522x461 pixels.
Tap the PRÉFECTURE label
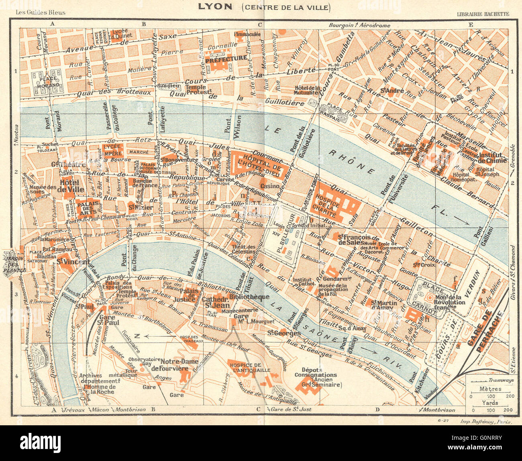(x=226, y=58)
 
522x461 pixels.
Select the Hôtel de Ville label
(x=72, y=185)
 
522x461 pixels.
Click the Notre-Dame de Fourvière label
(x=179, y=365)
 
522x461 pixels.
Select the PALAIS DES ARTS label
(x=88, y=207)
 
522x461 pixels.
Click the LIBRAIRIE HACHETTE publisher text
(x=483, y=14)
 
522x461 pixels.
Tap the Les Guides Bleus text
(x=40, y=12)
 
